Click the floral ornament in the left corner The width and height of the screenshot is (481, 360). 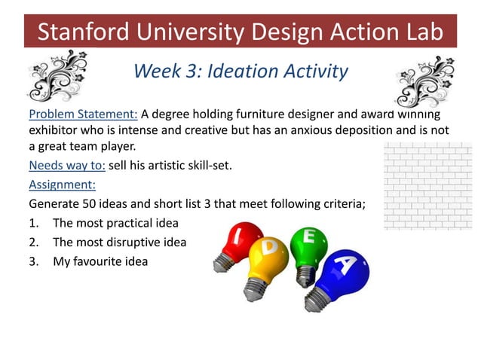57,75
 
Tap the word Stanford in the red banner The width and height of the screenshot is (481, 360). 82,32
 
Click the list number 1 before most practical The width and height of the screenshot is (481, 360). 33,223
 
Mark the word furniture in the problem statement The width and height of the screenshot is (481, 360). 234,114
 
